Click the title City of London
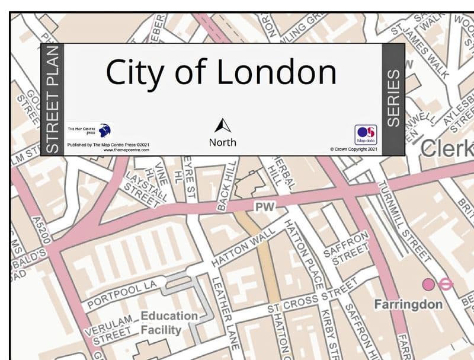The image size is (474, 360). [x=220, y=72]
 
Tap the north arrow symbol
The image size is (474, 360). [x=222, y=126]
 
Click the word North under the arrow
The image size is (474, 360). [x=222, y=142]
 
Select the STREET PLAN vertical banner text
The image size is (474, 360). [x=53, y=99]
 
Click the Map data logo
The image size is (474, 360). [x=366, y=135]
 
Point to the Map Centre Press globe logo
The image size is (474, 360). [x=104, y=130]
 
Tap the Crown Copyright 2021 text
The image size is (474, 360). [x=354, y=149]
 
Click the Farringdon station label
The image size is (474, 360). [x=408, y=304]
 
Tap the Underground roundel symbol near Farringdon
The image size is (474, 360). [x=446, y=285]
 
